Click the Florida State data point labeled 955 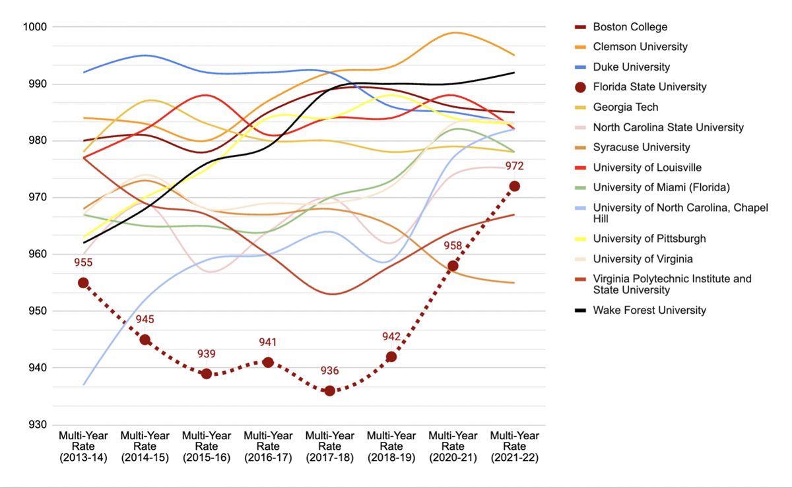pyautogui.click(x=83, y=283)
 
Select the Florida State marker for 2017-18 pyautogui.click(x=329, y=391)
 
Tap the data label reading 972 pyautogui.click(x=514, y=166)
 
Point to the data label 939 pyautogui.click(x=207, y=353)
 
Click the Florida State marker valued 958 pyautogui.click(x=453, y=266)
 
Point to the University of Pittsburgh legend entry pyautogui.click(x=649, y=239)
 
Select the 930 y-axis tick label pyautogui.click(x=35, y=425)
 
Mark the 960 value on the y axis pyautogui.click(x=35, y=255)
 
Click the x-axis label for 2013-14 pyautogui.click(x=83, y=446)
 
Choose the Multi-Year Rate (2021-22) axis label pyautogui.click(x=514, y=446)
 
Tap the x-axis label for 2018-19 pyautogui.click(x=391, y=446)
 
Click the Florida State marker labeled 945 pyautogui.click(x=145, y=340)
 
